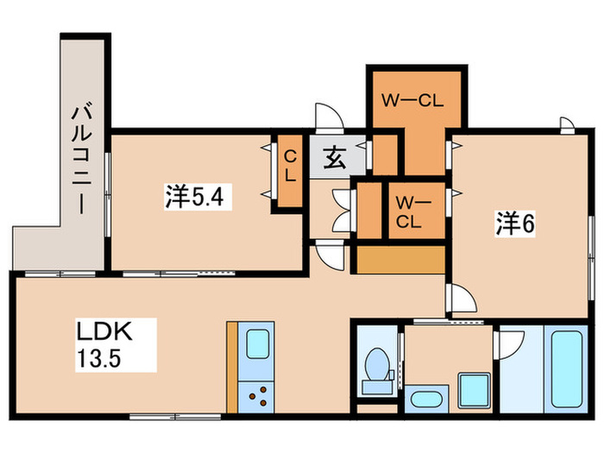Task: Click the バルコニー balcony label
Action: coord(82,159)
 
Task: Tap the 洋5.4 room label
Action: coord(195,197)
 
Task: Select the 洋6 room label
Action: coord(515,223)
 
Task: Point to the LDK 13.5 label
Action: coord(104,344)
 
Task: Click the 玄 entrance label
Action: coord(334,158)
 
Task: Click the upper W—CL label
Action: coord(412,101)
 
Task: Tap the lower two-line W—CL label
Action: coord(409,212)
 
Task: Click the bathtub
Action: coord(566,368)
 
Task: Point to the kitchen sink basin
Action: coord(257,344)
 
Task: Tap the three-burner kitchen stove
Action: coord(256,397)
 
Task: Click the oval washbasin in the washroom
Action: coord(426,399)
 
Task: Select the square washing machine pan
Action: coord(474,390)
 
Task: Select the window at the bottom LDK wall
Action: coord(175,417)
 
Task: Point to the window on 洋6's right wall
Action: coord(592,258)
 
